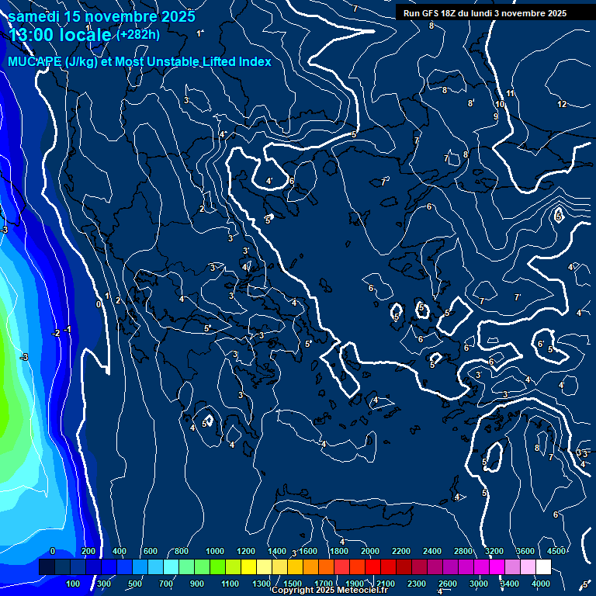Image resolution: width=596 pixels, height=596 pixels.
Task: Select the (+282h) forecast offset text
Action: pyautogui.click(x=138, y=34)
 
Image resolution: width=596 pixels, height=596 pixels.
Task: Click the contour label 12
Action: pyautogui.click(x=562, y=104)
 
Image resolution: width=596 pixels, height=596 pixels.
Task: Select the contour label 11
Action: pyautogui.click(x=511, y=94)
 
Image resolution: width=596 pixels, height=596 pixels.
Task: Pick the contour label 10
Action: pyautogui.click(x=500, y=104)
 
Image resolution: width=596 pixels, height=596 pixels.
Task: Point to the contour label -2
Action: pyautogui.click(x=56, y=333)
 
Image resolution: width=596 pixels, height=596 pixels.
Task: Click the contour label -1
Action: pyautogui.click(x=68, y=330)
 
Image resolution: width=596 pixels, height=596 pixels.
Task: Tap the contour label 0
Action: pyautogui.click(x=98, y=304)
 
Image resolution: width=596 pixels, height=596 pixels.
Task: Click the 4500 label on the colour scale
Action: pyautogui.click(x=556, y=551)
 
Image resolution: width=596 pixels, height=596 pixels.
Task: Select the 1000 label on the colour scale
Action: pyautogui.click(x=215, y=551)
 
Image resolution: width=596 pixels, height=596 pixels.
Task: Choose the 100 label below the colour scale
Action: pyautogui.click(x=74, y=584)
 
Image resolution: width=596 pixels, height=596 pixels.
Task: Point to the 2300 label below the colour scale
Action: pyautogui.click(x=417, y=584)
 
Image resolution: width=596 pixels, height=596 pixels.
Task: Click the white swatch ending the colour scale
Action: pyautogui.click(x=542, y=567)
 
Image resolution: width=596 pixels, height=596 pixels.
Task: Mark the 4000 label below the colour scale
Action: pyautogui.click(x=541, y=584)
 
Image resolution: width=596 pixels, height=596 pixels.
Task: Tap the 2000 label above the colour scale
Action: pyautogui.click(x=370, y=551)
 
